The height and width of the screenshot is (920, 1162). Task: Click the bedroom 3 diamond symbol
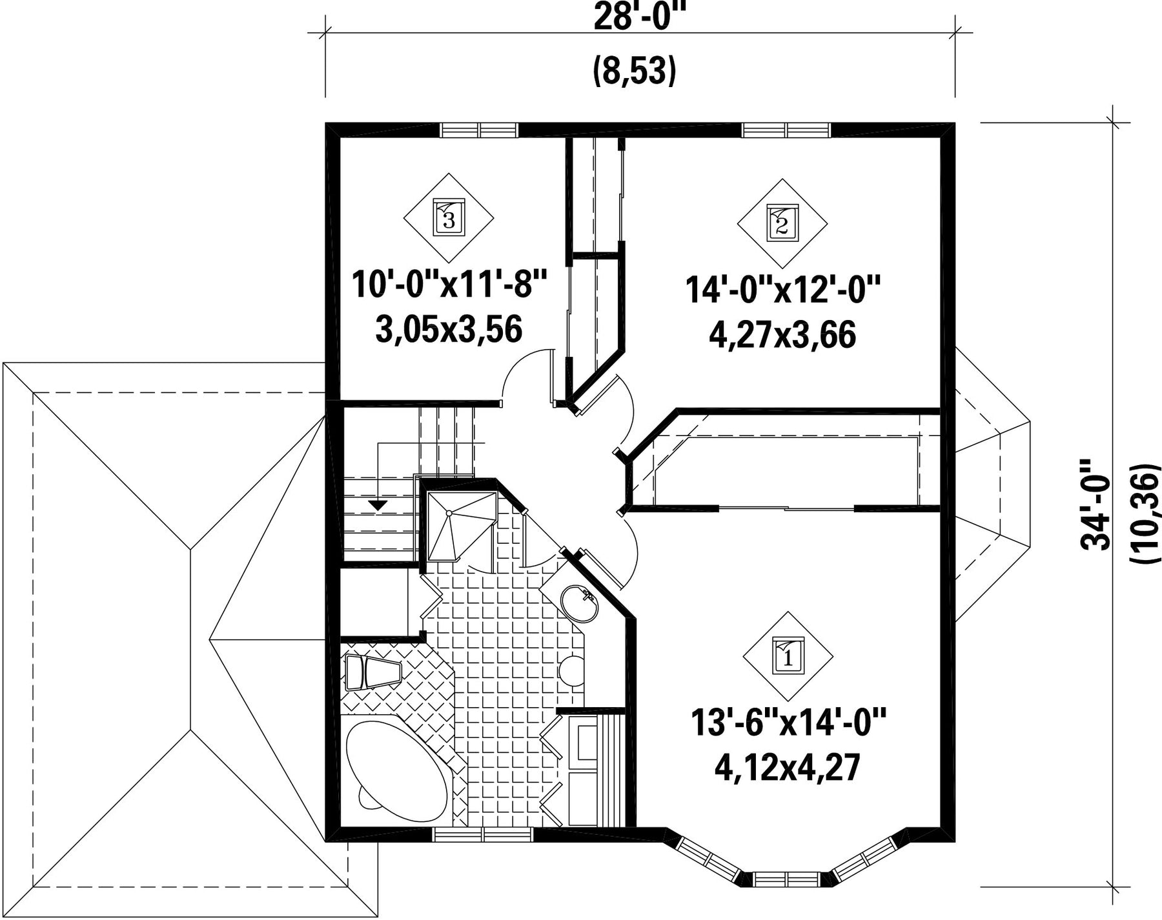click(x=449, y=217)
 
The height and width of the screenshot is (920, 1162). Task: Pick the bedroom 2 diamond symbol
click(x=782, y=223)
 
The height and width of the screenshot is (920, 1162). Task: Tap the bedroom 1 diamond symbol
click(x=788, y=656)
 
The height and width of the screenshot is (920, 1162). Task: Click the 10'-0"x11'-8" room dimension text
click(x=450, y=285)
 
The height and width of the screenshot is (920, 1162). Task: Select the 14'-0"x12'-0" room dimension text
click(x=783, y=290)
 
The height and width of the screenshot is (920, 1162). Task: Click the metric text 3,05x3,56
click(x=449, y=330)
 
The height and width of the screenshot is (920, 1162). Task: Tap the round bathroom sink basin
click(x=579, y=601)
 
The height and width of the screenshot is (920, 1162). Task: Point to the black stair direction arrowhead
click(x=378, y=505)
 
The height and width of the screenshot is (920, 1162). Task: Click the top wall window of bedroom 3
click(x=479, y=130)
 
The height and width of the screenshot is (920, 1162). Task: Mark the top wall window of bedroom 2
click(x=786, y=130)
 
